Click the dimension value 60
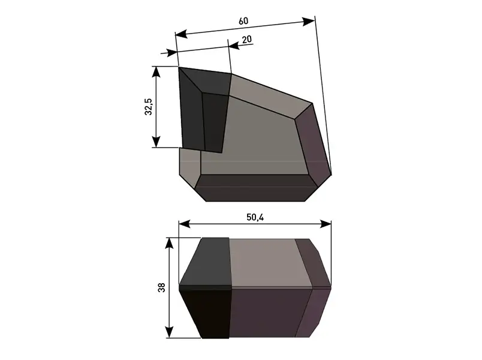point(243,21)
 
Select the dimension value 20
point(247,40)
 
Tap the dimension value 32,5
point(148,107)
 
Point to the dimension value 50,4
point(255,218)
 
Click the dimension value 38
point(161,287)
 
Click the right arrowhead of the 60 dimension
point(308,22)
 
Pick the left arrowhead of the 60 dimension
point(182,34)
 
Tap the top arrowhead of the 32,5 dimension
point(156,72)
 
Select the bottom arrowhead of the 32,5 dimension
point(156,142)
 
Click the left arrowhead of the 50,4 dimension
point(185,224)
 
